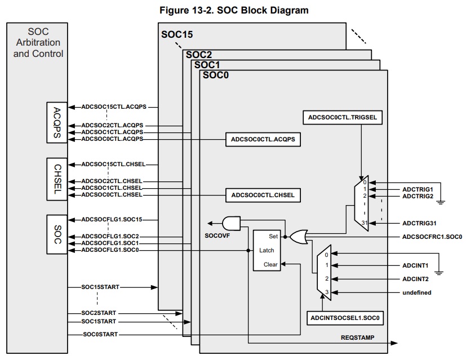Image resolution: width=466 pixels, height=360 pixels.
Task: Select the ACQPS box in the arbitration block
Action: pyautogui.click(x=57, y=122)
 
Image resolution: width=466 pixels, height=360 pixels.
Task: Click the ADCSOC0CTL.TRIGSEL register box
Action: pyautogui.click(x=343, y=118)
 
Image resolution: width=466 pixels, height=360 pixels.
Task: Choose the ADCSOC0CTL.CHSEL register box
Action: pyautogui.click(x=263, y=195)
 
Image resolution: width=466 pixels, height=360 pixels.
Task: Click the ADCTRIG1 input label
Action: pyautogui.click(x=418, y=189)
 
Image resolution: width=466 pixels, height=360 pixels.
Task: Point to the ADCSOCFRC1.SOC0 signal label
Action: pyautogui.click(x=432, y=237)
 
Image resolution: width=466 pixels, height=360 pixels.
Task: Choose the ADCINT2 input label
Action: pyautogui.click(x=416, y=278)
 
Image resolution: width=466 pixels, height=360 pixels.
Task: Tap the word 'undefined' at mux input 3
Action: pyautogui.click(x=417, y=292)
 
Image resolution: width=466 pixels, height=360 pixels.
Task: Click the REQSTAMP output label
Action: pyautogui.click(x=358, y=338)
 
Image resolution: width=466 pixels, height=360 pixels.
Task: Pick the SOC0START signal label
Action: pyautogui.click(x=100, y=335)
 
